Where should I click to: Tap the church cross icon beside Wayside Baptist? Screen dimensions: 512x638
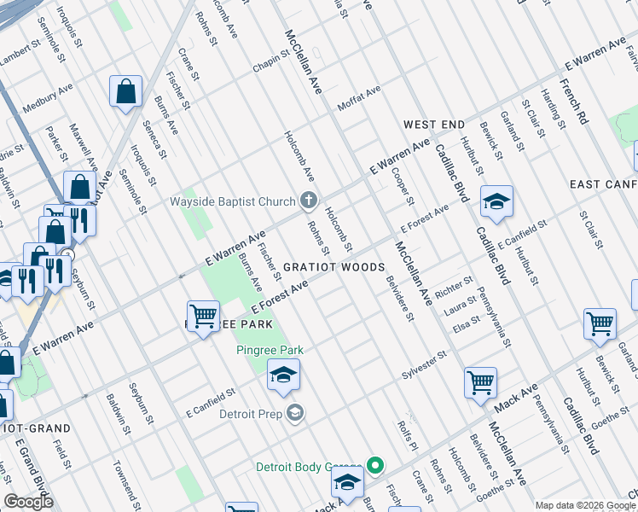309,202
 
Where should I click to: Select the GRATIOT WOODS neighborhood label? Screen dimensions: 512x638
333,267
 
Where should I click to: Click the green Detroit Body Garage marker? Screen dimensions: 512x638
374,467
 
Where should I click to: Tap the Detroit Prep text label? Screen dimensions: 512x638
249,415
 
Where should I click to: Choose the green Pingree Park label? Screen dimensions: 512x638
270,350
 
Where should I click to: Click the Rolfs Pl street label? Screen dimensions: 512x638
408,436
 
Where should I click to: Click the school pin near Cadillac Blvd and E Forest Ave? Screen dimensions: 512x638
496,202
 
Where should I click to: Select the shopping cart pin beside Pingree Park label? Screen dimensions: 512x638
203,317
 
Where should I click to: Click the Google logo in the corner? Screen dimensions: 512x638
28,502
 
